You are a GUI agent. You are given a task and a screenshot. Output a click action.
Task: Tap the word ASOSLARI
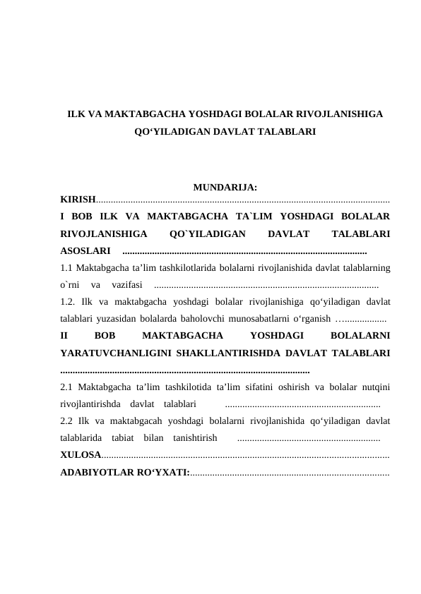85,250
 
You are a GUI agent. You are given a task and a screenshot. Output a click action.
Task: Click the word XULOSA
81,456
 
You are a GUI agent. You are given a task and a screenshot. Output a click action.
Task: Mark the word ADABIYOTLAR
95,473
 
